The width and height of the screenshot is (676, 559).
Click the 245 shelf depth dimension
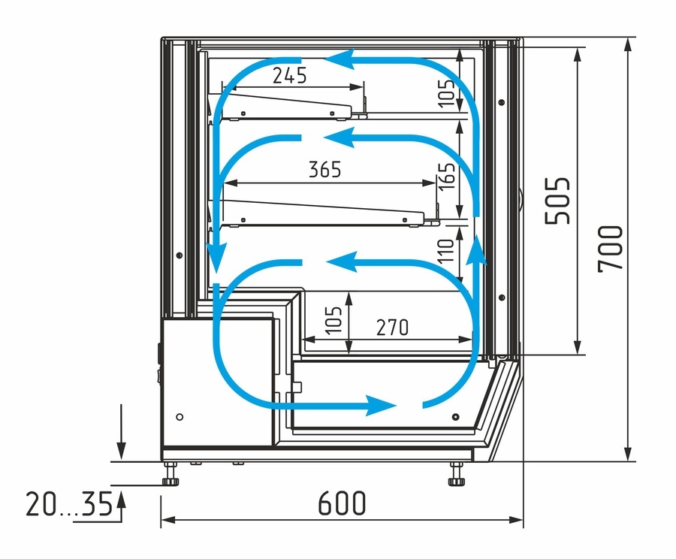point(290,75)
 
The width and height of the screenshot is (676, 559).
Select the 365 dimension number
point(325,169)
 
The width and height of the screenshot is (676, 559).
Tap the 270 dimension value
point(392,328)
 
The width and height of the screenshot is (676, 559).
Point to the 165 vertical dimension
point(448,176)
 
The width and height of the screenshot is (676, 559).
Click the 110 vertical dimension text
point(445,252)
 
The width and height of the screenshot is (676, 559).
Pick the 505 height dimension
point(557,201)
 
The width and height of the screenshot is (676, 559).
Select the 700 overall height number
point(611,249)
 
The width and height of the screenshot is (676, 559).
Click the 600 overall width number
point(342,503)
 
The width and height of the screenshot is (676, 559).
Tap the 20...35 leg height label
point(69,504)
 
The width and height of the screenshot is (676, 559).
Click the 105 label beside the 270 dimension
point(333,320)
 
